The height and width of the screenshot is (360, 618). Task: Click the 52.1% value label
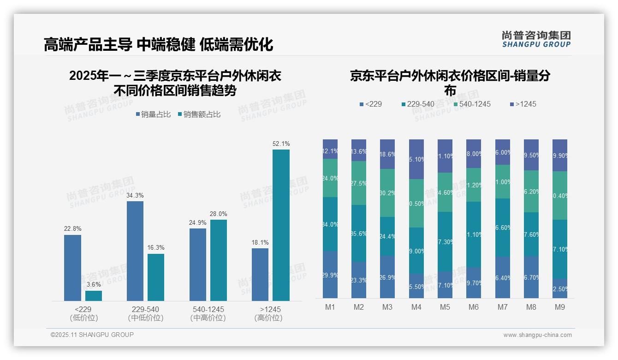pyautogui.click(x=281, y=144)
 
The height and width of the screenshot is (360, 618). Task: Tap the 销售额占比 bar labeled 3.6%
pyautogui.click(x=93, y=296)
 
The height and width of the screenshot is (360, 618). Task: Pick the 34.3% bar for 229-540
pyautogui.click(x=135, y=251)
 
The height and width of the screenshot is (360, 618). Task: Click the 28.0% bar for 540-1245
pyautogui.click(x=219, y=260)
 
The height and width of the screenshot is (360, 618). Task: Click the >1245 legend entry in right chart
pyautogui.click(x=523, y=104)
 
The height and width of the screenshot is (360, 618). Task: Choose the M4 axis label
pyautogui.click(x=416, y=307)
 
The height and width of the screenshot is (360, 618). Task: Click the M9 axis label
pyautogui.click(x=560, y=307)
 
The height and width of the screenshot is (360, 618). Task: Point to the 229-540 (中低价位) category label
pyautogui.click(x=145, y=313)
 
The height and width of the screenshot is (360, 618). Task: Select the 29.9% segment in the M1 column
pyautogui.click(x=330, y=275)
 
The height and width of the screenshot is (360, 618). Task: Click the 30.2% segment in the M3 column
pyautogui.click(x=387, y=193)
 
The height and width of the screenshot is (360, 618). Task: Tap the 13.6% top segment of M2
pyautogui.click(x=359, y=150)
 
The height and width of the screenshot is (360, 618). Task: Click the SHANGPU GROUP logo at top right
pyautogui.click(x=536, y=39)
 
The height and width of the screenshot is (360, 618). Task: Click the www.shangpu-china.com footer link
pyautogui.click(x=537, y=335)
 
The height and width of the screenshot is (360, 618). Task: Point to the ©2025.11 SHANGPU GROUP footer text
pyautogui.click(x=92, y=335)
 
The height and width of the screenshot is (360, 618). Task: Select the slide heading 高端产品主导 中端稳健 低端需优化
pyautogui.click(x=158, y=44)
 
